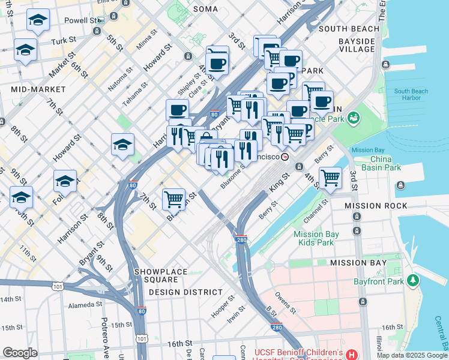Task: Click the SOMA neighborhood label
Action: [x=206, y=8]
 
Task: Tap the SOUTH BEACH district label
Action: [x=349, y=29]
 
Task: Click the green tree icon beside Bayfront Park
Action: [x=412, y=280]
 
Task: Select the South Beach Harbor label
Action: [x=411, y=94]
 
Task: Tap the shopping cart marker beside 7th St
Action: [x=174, y=199]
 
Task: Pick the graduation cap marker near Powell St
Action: [x=38, y=20]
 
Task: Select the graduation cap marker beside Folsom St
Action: [x=65, y=181]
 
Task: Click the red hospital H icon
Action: [x=351, y=355]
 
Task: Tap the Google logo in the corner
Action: [x=20, y=353]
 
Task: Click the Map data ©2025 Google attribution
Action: [x=412, y=355]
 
